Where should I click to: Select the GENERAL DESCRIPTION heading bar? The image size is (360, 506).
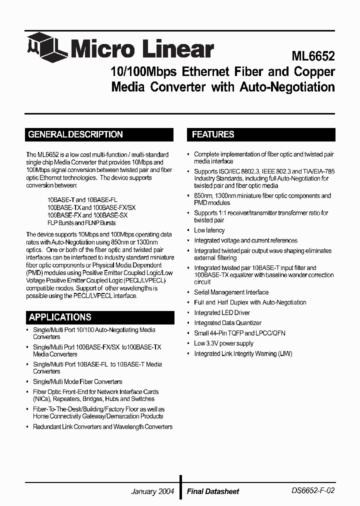point(99,134)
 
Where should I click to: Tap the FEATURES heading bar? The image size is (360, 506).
point(261,134)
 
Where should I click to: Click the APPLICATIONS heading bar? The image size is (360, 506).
point(99,317)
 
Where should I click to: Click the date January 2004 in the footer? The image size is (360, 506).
point(152,491)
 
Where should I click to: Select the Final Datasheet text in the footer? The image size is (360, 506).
point(213,491)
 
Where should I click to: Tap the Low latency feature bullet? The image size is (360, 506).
point(209,230)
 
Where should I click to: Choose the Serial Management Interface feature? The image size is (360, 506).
point(231,292)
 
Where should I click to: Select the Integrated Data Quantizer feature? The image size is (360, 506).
point(227,323)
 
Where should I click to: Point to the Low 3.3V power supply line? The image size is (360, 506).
point(223,343)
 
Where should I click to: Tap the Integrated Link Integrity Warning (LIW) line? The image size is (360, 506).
point(243,353)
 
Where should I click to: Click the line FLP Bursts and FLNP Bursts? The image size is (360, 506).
point(81,222)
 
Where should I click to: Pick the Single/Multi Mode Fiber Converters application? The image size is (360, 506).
point(77,381)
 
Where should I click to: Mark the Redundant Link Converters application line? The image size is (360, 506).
point(102,426)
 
